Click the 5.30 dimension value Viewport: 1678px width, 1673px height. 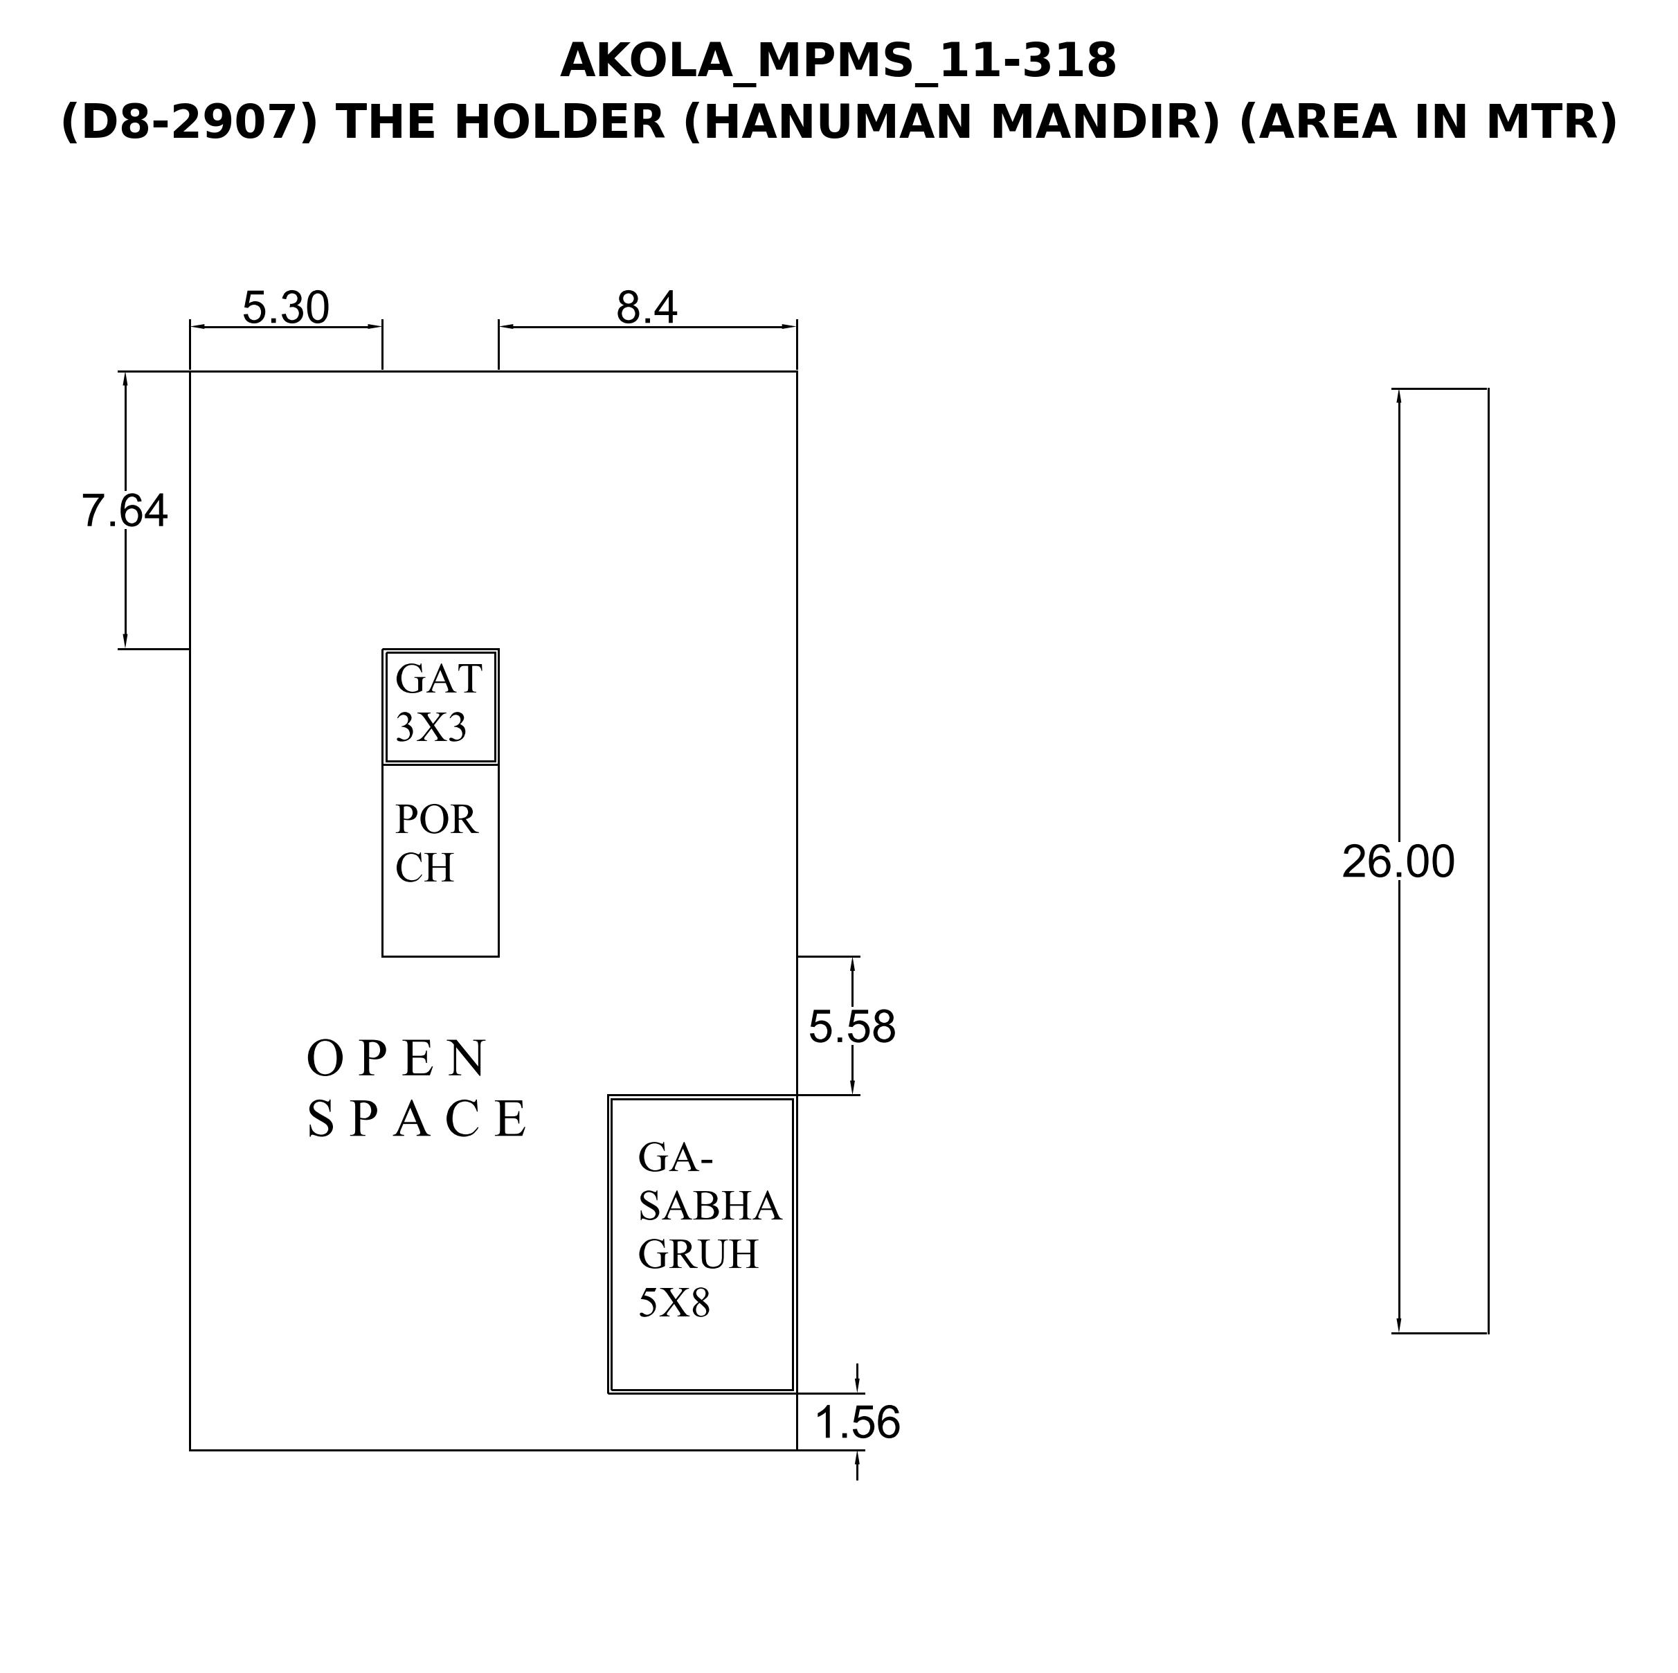pos(286,307)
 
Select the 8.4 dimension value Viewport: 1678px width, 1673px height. pos(647,307)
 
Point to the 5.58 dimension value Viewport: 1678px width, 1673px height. pos(852,1027)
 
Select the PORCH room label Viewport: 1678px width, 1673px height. pos(436,843)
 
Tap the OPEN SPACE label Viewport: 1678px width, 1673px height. pos(417,1088)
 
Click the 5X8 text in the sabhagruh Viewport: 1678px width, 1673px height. pos(674,1303)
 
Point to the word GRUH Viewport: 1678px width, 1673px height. pos(698,1254)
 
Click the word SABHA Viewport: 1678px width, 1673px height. pos(710,1206)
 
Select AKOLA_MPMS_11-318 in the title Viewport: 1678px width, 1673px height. pos(838,62)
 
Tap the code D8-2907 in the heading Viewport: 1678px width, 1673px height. pos(190,123)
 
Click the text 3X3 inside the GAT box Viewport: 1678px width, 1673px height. pos(431,728)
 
